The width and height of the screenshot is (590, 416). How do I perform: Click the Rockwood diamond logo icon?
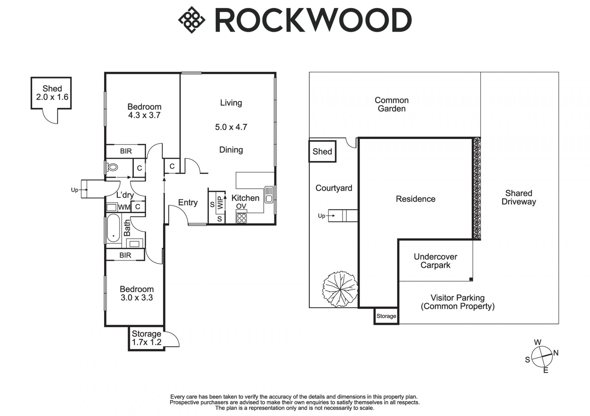[191, 20]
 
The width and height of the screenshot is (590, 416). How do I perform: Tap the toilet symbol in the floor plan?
[112, 168]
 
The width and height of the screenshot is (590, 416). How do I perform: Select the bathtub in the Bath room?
[113, 228]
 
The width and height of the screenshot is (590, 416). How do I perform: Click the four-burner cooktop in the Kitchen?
[242, 218]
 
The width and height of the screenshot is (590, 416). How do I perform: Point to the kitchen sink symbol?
[269, 195]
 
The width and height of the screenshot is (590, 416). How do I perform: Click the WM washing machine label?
[124, 207]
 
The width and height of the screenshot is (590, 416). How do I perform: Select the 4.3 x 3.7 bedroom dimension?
[144, 115]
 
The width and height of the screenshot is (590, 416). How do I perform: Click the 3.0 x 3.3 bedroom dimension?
[137, 298]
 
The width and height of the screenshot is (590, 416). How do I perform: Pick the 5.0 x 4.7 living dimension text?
[231, 127]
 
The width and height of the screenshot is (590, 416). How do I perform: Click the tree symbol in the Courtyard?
[340, 289]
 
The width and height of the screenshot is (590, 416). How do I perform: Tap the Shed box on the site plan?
[322, 151]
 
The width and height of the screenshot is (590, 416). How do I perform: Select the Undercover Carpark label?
[435, 261]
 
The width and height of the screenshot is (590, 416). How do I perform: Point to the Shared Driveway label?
[519, 197]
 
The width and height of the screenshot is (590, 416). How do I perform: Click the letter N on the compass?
[556, 353]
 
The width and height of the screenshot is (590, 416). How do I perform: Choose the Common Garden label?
[391, 104]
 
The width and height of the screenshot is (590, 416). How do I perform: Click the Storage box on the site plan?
[386, 316]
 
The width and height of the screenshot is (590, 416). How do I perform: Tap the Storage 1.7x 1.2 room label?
[147, 338]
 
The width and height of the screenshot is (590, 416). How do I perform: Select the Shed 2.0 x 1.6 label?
[52, 93]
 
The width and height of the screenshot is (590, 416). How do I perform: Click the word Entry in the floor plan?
[188, 202]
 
